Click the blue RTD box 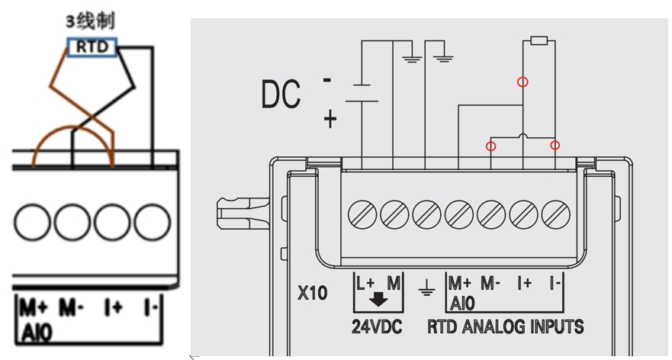tap(93, 47)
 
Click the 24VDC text tap(377, 328)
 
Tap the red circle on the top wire tap(522, 81)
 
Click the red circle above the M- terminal tap(491, 145)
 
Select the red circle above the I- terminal tap(555, 145)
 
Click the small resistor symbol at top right tap(539, 41)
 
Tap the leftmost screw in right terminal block tap(361, 213)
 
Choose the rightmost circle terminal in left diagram tap(152, 222)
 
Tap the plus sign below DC tap(330, 119)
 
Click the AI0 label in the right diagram tap(462, 303)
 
